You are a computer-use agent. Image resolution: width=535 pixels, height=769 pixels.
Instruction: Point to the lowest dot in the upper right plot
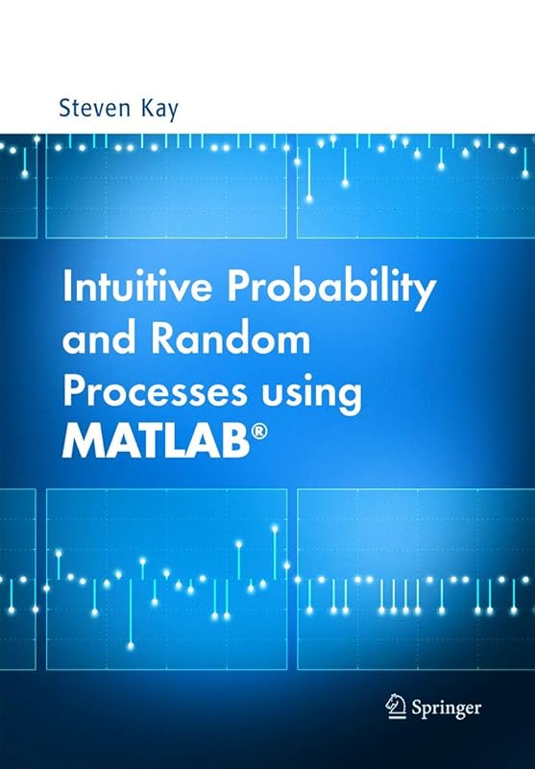pyautogui.click(x=308, y=198)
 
